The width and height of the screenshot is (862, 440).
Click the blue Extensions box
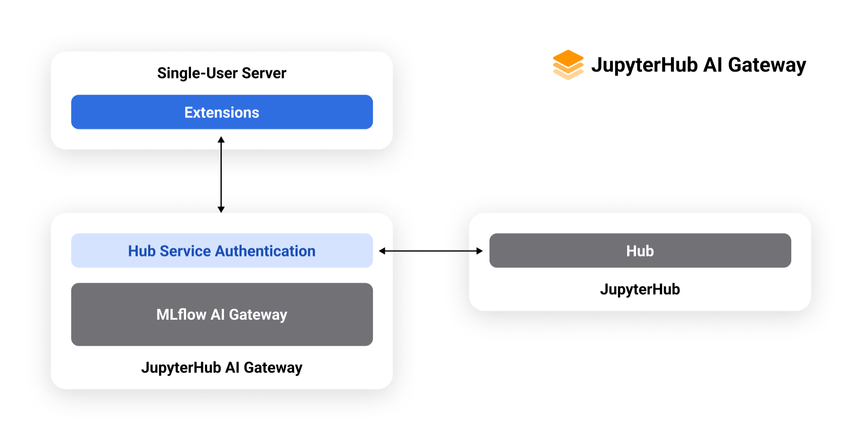pos(222,112)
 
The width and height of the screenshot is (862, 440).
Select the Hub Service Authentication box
pos(222,251)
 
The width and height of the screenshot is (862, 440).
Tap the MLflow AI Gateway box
pos(222,314)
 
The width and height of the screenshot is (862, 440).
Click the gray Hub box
pos(640,251)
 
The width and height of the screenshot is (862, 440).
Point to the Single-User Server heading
pos(222,73)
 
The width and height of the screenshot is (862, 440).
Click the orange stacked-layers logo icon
pos(568,65)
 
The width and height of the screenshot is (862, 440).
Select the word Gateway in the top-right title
pos(767,65)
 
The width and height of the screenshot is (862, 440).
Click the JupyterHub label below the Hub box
pos(640,289)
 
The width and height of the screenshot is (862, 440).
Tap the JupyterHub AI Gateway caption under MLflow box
pos(222,368)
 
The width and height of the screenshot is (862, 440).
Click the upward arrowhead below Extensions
pos(221,140)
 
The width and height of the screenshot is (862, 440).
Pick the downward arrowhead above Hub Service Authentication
pos(221,209)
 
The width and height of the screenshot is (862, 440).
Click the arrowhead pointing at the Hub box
pos(479,251)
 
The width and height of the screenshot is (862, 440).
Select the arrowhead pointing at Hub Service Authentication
pos(382,251)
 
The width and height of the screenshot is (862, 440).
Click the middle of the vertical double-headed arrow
pos(221,174)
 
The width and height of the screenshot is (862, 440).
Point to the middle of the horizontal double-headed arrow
pos(431,251)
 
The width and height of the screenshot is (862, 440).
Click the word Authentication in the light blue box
pos(265,251)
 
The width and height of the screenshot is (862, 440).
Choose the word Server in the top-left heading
pos(264,73)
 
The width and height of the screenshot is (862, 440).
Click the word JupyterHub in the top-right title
pos(644,65)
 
